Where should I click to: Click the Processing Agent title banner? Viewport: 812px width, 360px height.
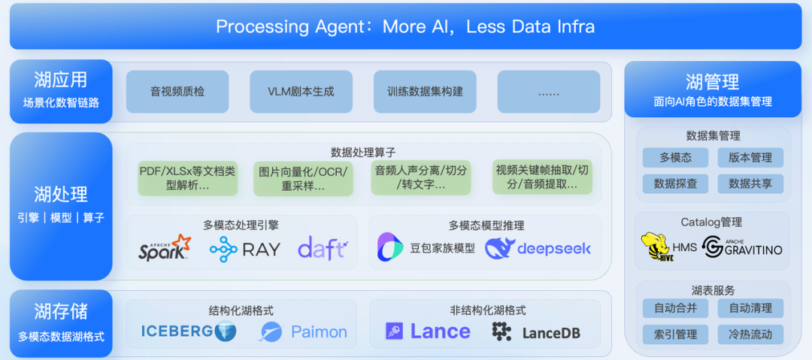coord(405,26)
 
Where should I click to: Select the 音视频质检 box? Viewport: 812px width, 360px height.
coord(177,92)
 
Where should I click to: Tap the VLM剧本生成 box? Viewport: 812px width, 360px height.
coord(301,92)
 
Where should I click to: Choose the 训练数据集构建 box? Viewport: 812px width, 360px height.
coord(425,92)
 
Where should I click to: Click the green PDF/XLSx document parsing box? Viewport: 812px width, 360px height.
coord(187,178)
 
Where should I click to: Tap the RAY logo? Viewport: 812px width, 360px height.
coord(245,250)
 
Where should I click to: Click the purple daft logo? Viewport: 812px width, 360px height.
coord(322,249)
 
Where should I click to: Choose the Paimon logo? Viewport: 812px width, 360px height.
coord(304,331)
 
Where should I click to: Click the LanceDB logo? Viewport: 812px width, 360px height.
coord(536,331)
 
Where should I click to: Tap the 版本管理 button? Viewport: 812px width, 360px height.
coord(750,158)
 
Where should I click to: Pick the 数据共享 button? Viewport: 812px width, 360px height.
coord(750,183)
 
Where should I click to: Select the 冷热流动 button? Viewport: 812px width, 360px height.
coord(750,334)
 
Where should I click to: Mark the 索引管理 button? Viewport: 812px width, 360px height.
coord(675,334)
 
